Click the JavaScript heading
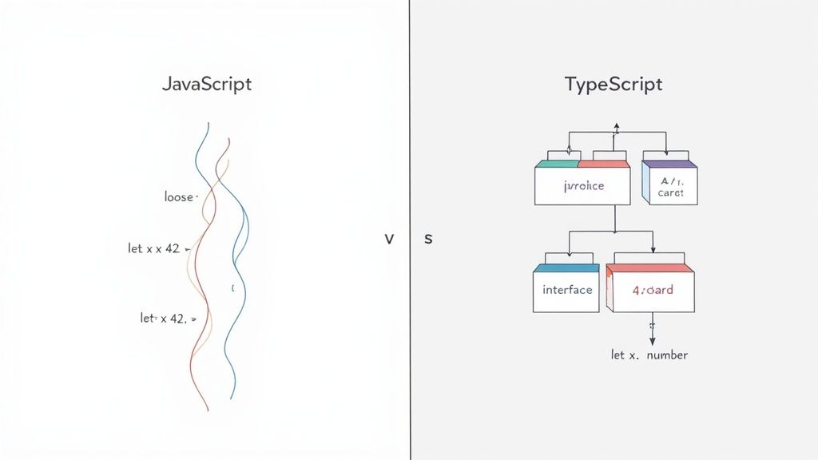pyautogui.click(x=206, y=84)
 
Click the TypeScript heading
pyautogui.click(x=613, y=84)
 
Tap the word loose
pyautogui.click(x=178, y=196)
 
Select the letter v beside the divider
pyautogui.click(x=389, y=239)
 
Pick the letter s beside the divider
pyautogui.click(x=428, y=239)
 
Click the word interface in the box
pyautogui.click(x=567, y=289)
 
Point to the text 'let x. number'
pyautogui.click(x=649, y=355)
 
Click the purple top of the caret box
pyautogui.click(x=669, y=164)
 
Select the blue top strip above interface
pyautogui.click(x=566, y=268)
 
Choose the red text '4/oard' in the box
pyautogui.click(x=653, y=290)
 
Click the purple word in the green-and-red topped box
pyautogui.click(x=583, y=186)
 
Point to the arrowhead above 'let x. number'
pyautogui.click(x=652, y=339)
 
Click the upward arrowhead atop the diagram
pyautogui.click(x=616, y=126)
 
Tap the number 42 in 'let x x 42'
pyautogui.click(x=172, y=248)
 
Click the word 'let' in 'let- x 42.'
pyautogui.click(x=147, y=318)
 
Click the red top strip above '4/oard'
pyautogui.click(x=650, y=268)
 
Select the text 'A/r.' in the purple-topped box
pyautogui.click(x=669, y=180)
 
